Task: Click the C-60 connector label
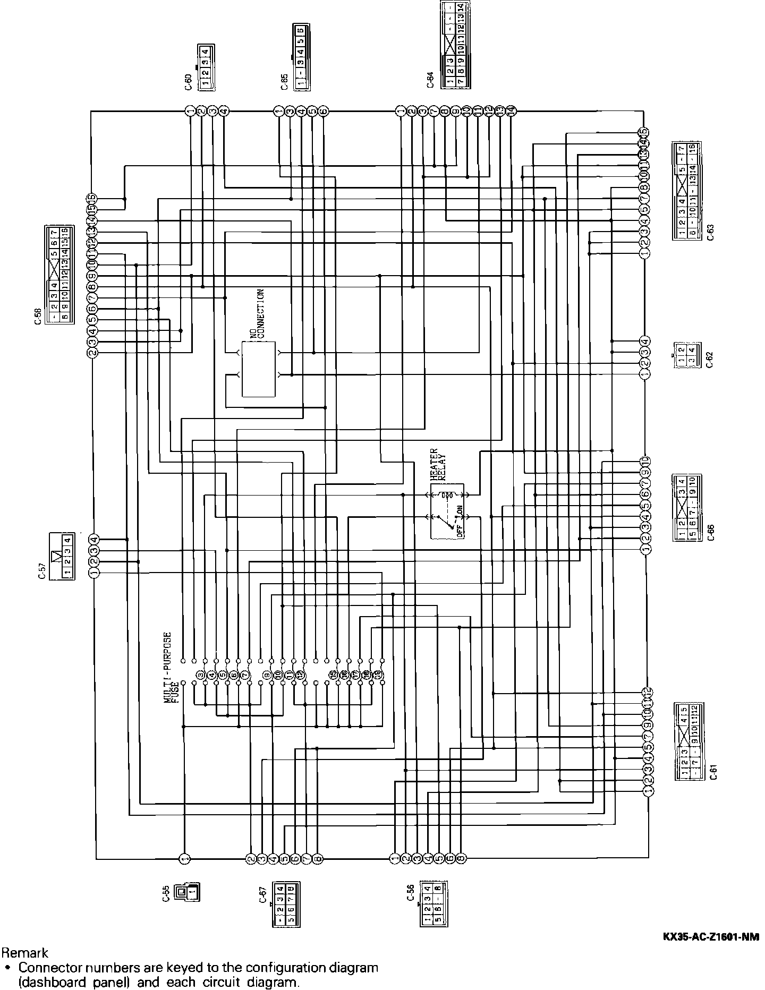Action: click(x=189, y=83)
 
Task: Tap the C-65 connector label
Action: click(x=284, y=81)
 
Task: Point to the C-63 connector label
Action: click(x=710, y=232)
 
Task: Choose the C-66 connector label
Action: click(x=711, y=532)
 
